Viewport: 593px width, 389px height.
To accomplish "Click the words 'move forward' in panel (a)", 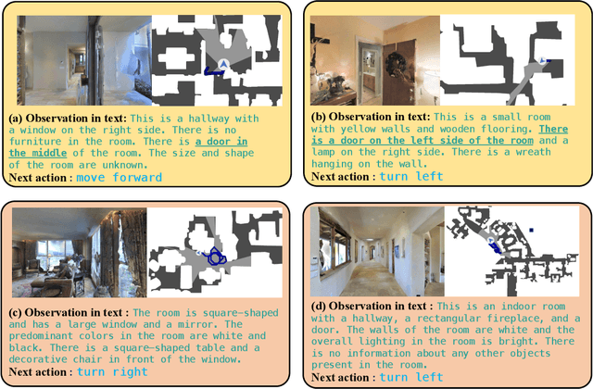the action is coord(120,177).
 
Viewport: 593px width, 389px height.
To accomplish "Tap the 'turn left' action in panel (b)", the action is coord(411,176).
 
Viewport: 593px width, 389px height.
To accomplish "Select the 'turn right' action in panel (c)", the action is coord(112,372).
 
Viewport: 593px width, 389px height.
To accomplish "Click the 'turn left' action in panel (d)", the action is coord(411,377).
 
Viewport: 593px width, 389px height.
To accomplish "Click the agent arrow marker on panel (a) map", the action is coord(223,64).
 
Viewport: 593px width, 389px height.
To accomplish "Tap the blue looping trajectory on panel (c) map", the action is coord(214,256).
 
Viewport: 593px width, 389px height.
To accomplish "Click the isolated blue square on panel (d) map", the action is coord(531,230).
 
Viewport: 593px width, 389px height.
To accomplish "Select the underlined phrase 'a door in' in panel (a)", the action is coord(221,142).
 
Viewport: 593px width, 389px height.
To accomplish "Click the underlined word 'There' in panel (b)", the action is coord(553,129).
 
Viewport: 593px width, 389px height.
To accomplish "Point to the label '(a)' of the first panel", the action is coord(16,119).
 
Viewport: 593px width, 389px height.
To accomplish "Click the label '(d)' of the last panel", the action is coord(319,307).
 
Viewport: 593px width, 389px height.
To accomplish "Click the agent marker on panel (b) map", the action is coord(542,60).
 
